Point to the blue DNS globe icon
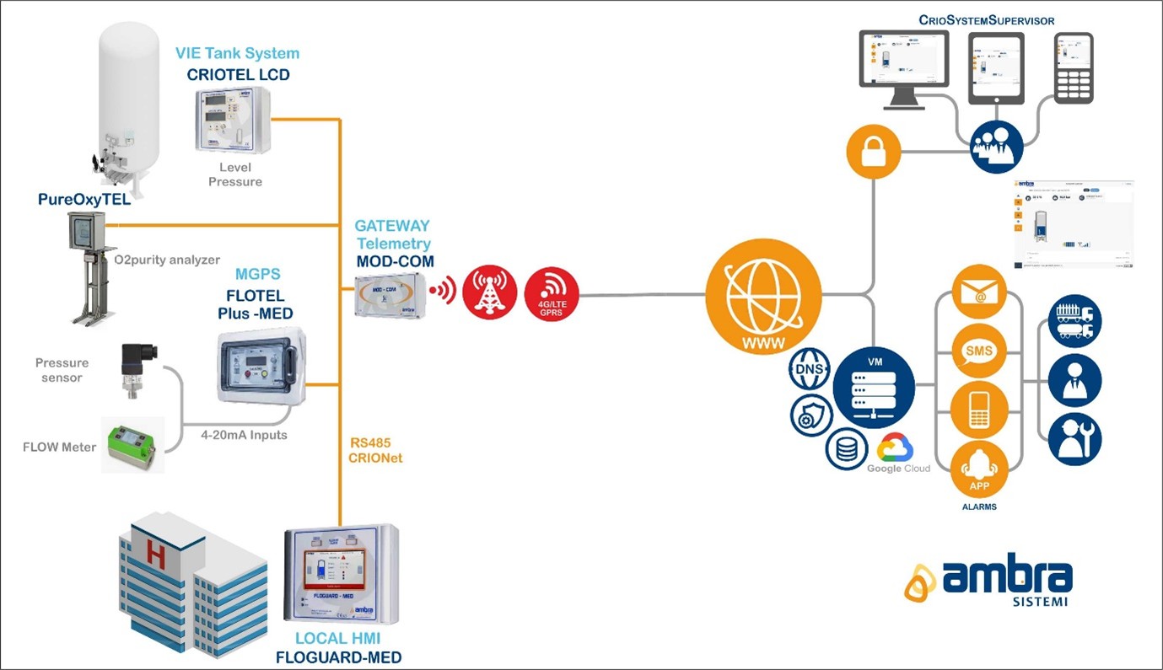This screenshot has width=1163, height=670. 810,369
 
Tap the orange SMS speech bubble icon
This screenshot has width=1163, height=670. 979,351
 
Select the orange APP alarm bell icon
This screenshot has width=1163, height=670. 979,469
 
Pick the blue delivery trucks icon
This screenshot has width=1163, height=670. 1074,321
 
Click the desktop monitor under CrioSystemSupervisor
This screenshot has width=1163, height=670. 904,67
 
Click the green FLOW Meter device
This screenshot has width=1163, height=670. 133,444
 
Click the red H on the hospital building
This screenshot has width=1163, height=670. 156,553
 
